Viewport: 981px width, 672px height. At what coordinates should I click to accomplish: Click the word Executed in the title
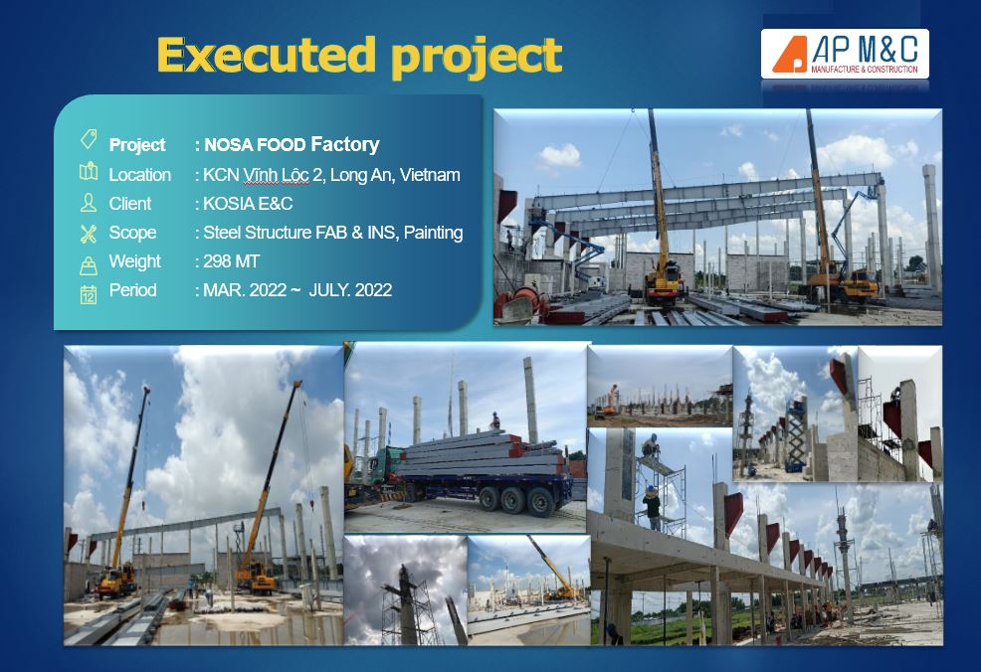266,55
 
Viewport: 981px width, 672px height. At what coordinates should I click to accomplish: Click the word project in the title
477,58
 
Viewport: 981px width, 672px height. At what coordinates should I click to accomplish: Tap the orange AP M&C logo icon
790,54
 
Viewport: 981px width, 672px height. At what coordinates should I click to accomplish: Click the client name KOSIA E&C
248,204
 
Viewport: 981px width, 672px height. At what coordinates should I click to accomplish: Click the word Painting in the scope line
433,233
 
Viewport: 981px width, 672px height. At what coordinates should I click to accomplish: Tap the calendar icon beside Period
89,294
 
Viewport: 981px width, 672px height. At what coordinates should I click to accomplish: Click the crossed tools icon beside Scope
89,234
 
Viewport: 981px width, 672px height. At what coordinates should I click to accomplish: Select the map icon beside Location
89,172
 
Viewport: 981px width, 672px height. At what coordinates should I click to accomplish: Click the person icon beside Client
89,203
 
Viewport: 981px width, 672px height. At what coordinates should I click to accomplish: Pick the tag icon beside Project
89,139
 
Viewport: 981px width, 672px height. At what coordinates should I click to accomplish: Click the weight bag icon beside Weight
89,265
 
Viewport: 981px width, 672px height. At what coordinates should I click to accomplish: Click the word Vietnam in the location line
430,175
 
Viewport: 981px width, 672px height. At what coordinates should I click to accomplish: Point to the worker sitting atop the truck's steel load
494,420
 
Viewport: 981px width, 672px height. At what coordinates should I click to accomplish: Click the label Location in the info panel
139,175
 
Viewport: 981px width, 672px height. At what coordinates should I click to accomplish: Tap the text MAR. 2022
245,290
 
